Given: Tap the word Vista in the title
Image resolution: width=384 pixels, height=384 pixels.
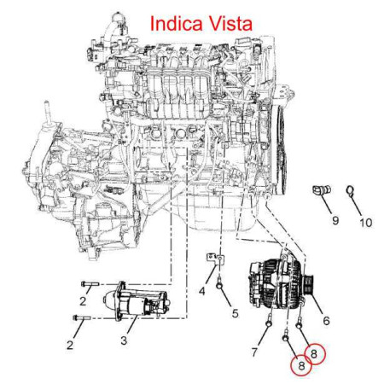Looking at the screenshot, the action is click(231, 23).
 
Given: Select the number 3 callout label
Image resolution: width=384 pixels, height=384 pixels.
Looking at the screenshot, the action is click(124, 340).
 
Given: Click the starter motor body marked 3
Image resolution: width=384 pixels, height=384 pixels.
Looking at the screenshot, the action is click(137, 301).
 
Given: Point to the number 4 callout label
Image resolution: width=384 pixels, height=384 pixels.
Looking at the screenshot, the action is click(201, 291).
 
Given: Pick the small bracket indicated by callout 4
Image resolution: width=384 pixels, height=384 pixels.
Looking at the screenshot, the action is click(216, 259).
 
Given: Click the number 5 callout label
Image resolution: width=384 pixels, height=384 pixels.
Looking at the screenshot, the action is click(235, 313).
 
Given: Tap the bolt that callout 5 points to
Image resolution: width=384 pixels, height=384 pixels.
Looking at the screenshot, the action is click(219, 283).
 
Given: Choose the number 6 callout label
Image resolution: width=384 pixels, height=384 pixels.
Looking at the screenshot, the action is click(326, 321).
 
